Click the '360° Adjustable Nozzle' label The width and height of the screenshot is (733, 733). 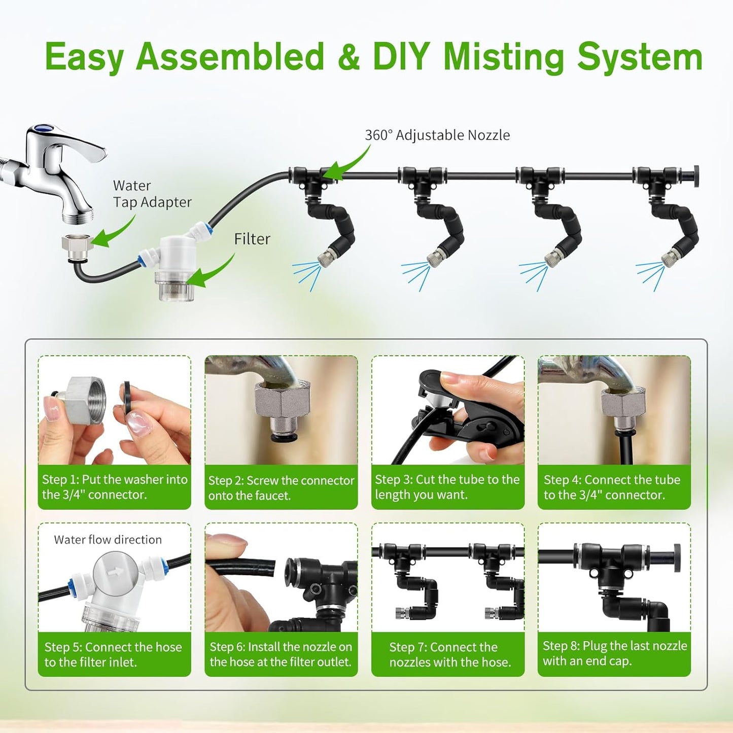click(437, 135)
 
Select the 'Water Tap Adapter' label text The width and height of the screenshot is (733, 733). click(152, 194)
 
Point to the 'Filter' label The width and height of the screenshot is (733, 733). click(252, 239)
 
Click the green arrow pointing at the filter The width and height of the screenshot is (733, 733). click(211, 274)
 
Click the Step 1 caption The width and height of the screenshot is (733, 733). click(114, 487)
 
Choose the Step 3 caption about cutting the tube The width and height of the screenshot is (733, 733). click(447, 487)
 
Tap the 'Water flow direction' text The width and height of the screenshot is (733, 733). click(108, 540)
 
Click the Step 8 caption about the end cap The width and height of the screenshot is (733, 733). click(614, 653)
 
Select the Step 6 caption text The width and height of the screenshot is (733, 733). click(281, 654)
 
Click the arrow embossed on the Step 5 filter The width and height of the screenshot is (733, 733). click(116, 572)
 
